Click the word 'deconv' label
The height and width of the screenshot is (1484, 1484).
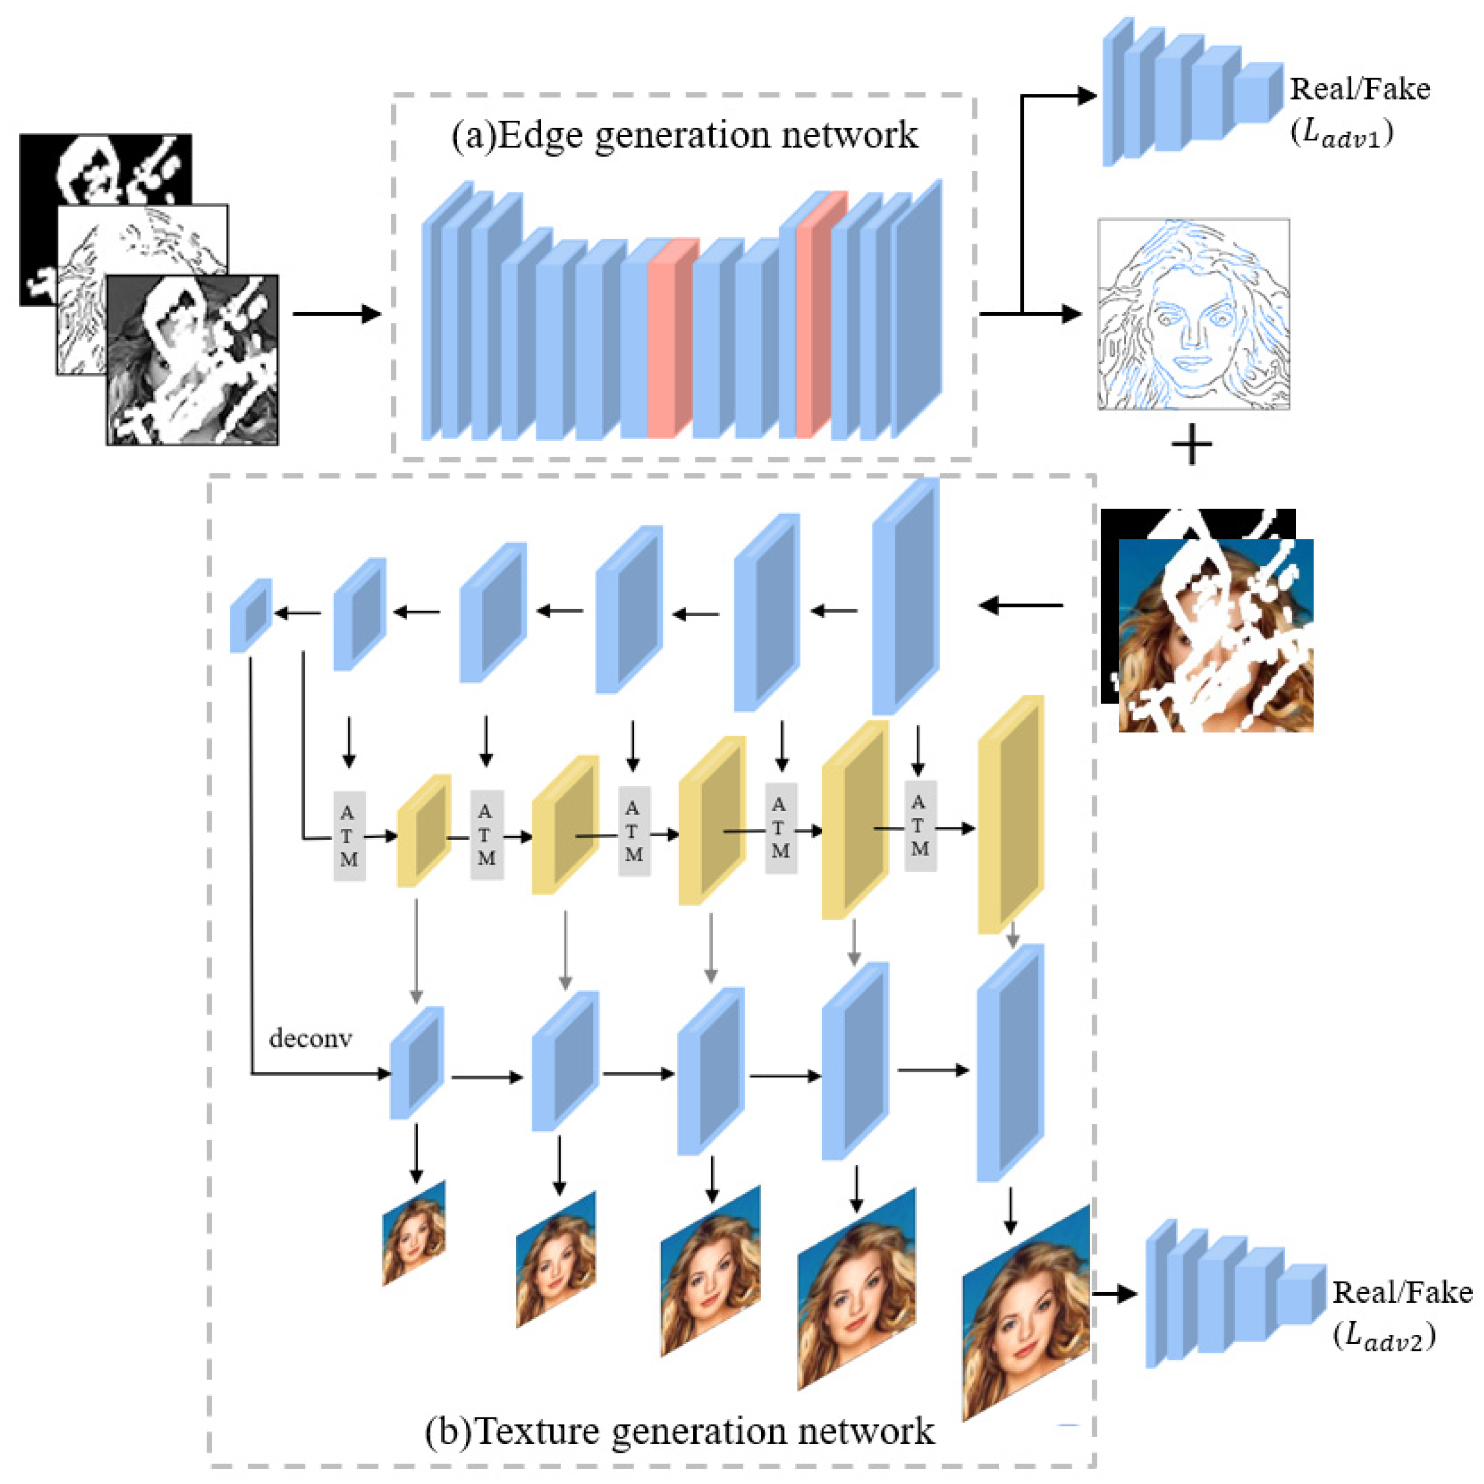310,1039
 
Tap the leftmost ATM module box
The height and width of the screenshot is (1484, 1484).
349,836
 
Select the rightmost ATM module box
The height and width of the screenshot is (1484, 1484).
919,826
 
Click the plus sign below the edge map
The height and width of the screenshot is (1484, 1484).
1191,447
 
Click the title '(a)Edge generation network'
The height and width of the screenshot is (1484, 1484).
684,135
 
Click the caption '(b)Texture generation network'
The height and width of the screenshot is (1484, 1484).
680,1430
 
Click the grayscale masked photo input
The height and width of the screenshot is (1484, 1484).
192,361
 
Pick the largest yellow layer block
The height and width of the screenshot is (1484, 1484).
1010,814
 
